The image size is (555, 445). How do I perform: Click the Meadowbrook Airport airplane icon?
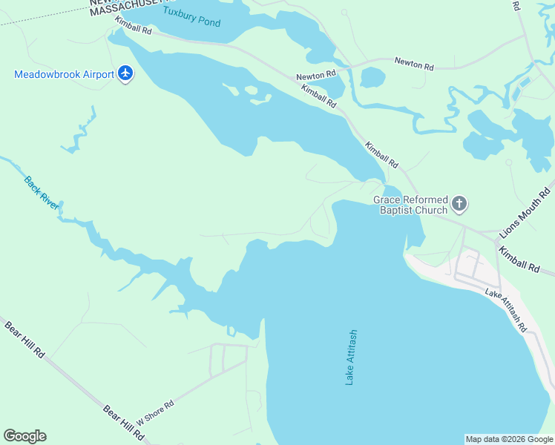(x=125, y=74)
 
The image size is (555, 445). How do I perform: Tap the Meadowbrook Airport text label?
(x=65, y=74)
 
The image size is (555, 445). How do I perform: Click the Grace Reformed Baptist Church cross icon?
(x=459, y=203)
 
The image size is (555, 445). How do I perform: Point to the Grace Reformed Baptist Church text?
(x=411, y=205)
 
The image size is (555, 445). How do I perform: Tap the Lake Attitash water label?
(x=352, y=357)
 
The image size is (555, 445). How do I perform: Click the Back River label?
(x=42, y=191)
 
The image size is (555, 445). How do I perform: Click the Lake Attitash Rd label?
(x=506, y=310)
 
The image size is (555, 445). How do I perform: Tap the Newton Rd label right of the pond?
(x=414, y=65)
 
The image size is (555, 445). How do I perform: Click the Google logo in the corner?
(x=24, y=436)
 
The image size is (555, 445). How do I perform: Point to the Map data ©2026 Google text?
(x=510, y=439)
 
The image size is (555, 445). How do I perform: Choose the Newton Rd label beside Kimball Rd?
(x=316, y=76)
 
